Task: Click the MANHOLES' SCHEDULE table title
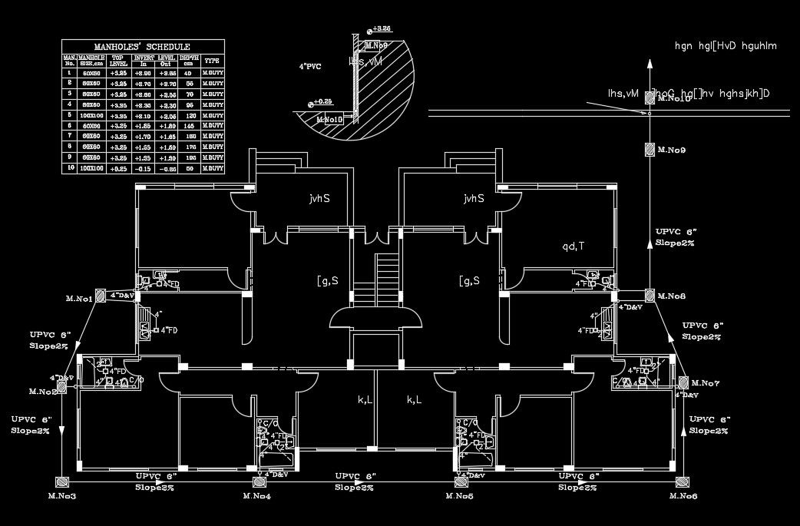[x=144, y=46]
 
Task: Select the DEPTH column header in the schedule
[x=189, y=59]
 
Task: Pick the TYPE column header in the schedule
[x=213, y=59]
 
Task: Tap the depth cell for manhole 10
[x=188, y=167]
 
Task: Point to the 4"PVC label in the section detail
[x=310, y=68]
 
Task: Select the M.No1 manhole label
[x=78, y=298]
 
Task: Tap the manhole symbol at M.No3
[x=61, y=481]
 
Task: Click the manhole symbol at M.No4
[x=259, y=481]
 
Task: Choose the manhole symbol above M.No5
[x=461, y=481]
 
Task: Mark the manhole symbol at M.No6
[x=682, y=481]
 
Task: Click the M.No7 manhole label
[x=705, y=382]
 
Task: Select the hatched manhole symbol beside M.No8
[x=650, y=296]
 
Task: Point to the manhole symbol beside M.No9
[x=650, y=150]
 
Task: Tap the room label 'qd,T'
[x=572, y=246]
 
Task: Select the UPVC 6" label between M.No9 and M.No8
[x=676, y=231]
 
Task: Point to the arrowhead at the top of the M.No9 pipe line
[x=650, y=63]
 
